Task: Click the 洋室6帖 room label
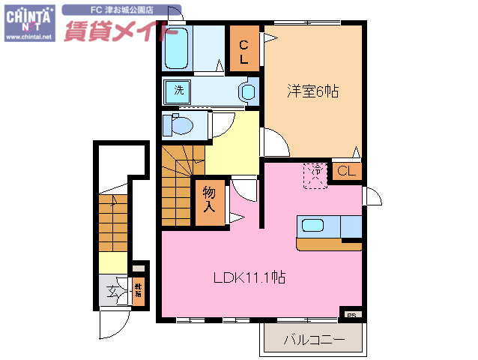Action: [312, 91]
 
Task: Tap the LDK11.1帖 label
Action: [249, 277]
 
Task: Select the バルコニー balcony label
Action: [314, 340]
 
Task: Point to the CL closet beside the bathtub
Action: [244, 49]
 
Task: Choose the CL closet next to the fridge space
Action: [347, 172]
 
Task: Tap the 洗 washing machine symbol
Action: [178, 91]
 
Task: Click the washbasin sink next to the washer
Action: [248, 91]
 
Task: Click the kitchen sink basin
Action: [312, 224]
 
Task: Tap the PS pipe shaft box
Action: [351, 314]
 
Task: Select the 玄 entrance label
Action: [113, 292]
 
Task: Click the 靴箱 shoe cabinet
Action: [139, 291]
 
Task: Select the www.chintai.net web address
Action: [29, 36]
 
